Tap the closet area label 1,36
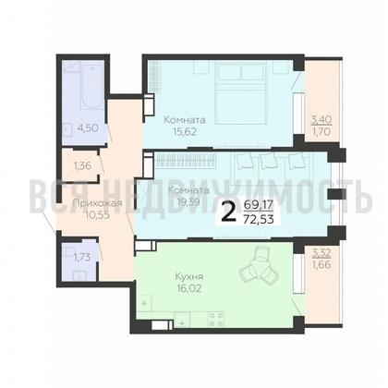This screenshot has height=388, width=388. (82, 166)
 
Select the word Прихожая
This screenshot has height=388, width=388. (98, 203)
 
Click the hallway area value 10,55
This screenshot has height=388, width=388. (97, 214)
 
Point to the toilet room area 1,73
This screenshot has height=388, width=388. (82, 257)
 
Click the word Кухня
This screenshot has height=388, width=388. (189, 276)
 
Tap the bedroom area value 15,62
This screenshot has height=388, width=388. (185, 132)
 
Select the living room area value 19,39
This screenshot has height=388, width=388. (188, 202)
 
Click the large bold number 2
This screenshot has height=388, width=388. (228, 212)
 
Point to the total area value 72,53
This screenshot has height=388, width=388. (259, 220)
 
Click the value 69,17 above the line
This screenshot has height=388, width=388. (259, 204)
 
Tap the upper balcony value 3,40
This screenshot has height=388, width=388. (321, 119)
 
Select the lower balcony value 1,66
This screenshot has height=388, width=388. (321, 265)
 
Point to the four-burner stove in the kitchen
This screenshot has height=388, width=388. (216, 320)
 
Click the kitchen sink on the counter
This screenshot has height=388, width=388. (182, 320)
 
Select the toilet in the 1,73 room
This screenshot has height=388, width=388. (67, 251)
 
